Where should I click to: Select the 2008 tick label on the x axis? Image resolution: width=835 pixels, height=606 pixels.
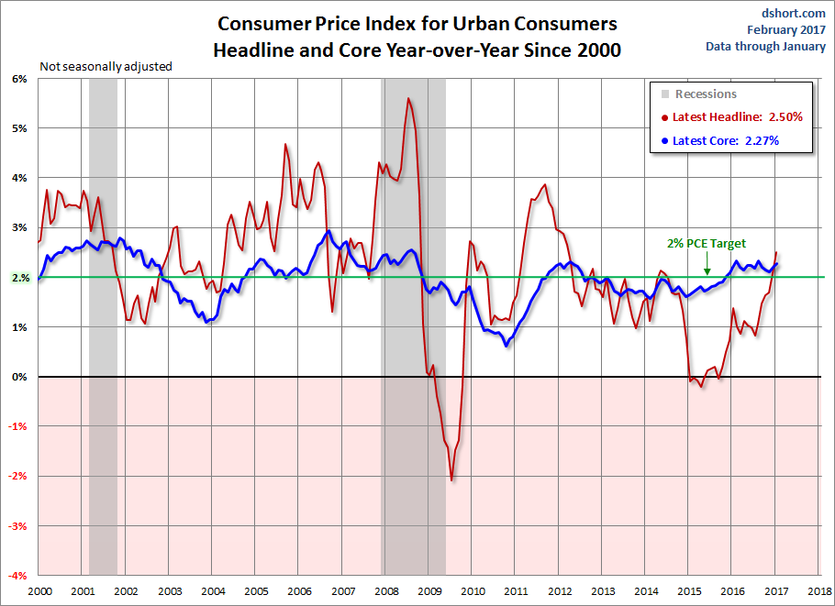pyautogui.click(x=385, y=591)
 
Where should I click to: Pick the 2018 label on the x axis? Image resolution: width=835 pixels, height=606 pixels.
pyautogui.click(x=819, y=591)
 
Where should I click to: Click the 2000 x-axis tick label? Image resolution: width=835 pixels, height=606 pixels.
pyautogui.click(x=39, y=591)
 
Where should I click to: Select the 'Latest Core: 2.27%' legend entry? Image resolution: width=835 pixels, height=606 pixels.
pyautogui.click(x=724, y=141)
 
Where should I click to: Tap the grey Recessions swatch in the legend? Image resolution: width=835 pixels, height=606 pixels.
pyautogui.click(x=665, y=94)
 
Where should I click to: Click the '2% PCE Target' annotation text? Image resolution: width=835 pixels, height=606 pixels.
pyautogui.click(x=707, y=244)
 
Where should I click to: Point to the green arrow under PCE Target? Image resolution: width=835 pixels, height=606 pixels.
pyautogui.click(x=707, y=265)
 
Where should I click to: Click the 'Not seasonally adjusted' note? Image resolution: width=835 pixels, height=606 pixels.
pyautogui.click(x=106, y=66)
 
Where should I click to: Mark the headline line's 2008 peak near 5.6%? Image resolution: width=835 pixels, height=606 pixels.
pyautogui.click(x=407, y=98)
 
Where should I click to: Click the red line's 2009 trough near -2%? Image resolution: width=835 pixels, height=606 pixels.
pyautogui.click(x=451, y=479)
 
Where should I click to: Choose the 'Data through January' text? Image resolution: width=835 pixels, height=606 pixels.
pyautogui.click(x=765, y=46)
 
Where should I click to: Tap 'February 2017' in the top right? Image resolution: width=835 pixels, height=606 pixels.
pyautogui.click(x=785, y=29)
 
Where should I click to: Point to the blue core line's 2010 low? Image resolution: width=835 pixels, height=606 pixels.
pyautogui.click(x=507, y=345)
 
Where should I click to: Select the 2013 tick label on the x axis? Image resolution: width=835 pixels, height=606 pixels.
pyautogui.click(x=603, y=591)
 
